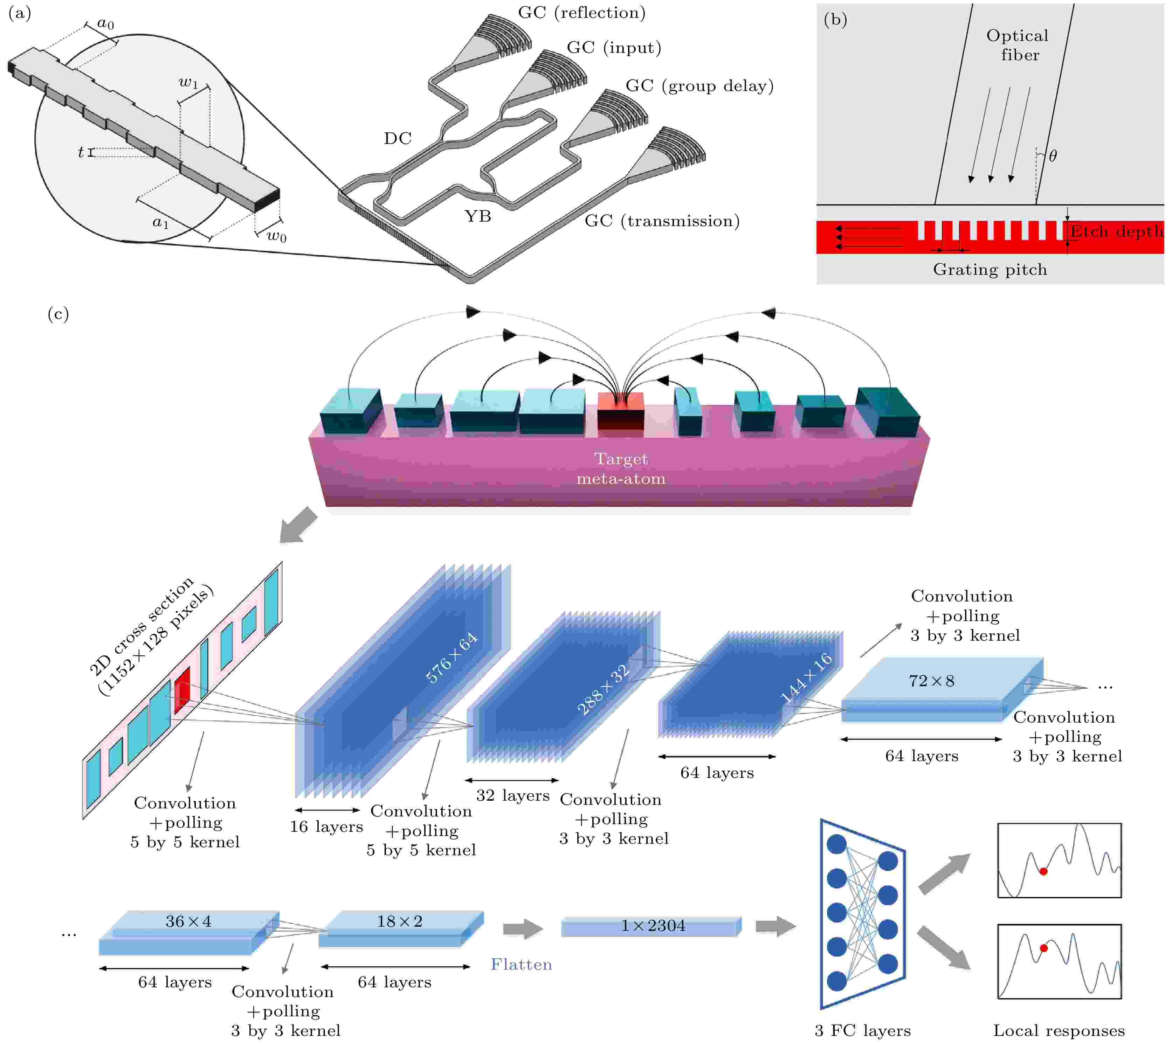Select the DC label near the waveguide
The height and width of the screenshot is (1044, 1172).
pyautogui.click(x=398, y=138)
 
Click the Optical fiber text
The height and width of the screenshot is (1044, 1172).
pyautogui.click(x=1018, y=45)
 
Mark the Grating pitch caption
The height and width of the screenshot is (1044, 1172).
pyautogui.click(x=990, y=270)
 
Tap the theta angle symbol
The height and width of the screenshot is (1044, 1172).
pyautogui.click(x=1053, y=155)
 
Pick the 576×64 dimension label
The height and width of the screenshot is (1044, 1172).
pyautogui.click(x=452, y=657)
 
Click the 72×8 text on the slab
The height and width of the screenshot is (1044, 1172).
pyautogui.click(x=931, y=681)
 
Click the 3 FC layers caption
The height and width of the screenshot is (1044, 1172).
pyautogui.click(x=863, y=1031)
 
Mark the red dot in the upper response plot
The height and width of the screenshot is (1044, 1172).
pyautogui.click(x=1043, y=871)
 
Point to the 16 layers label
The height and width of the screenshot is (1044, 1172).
pyautogui.click(x=326, y=827)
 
